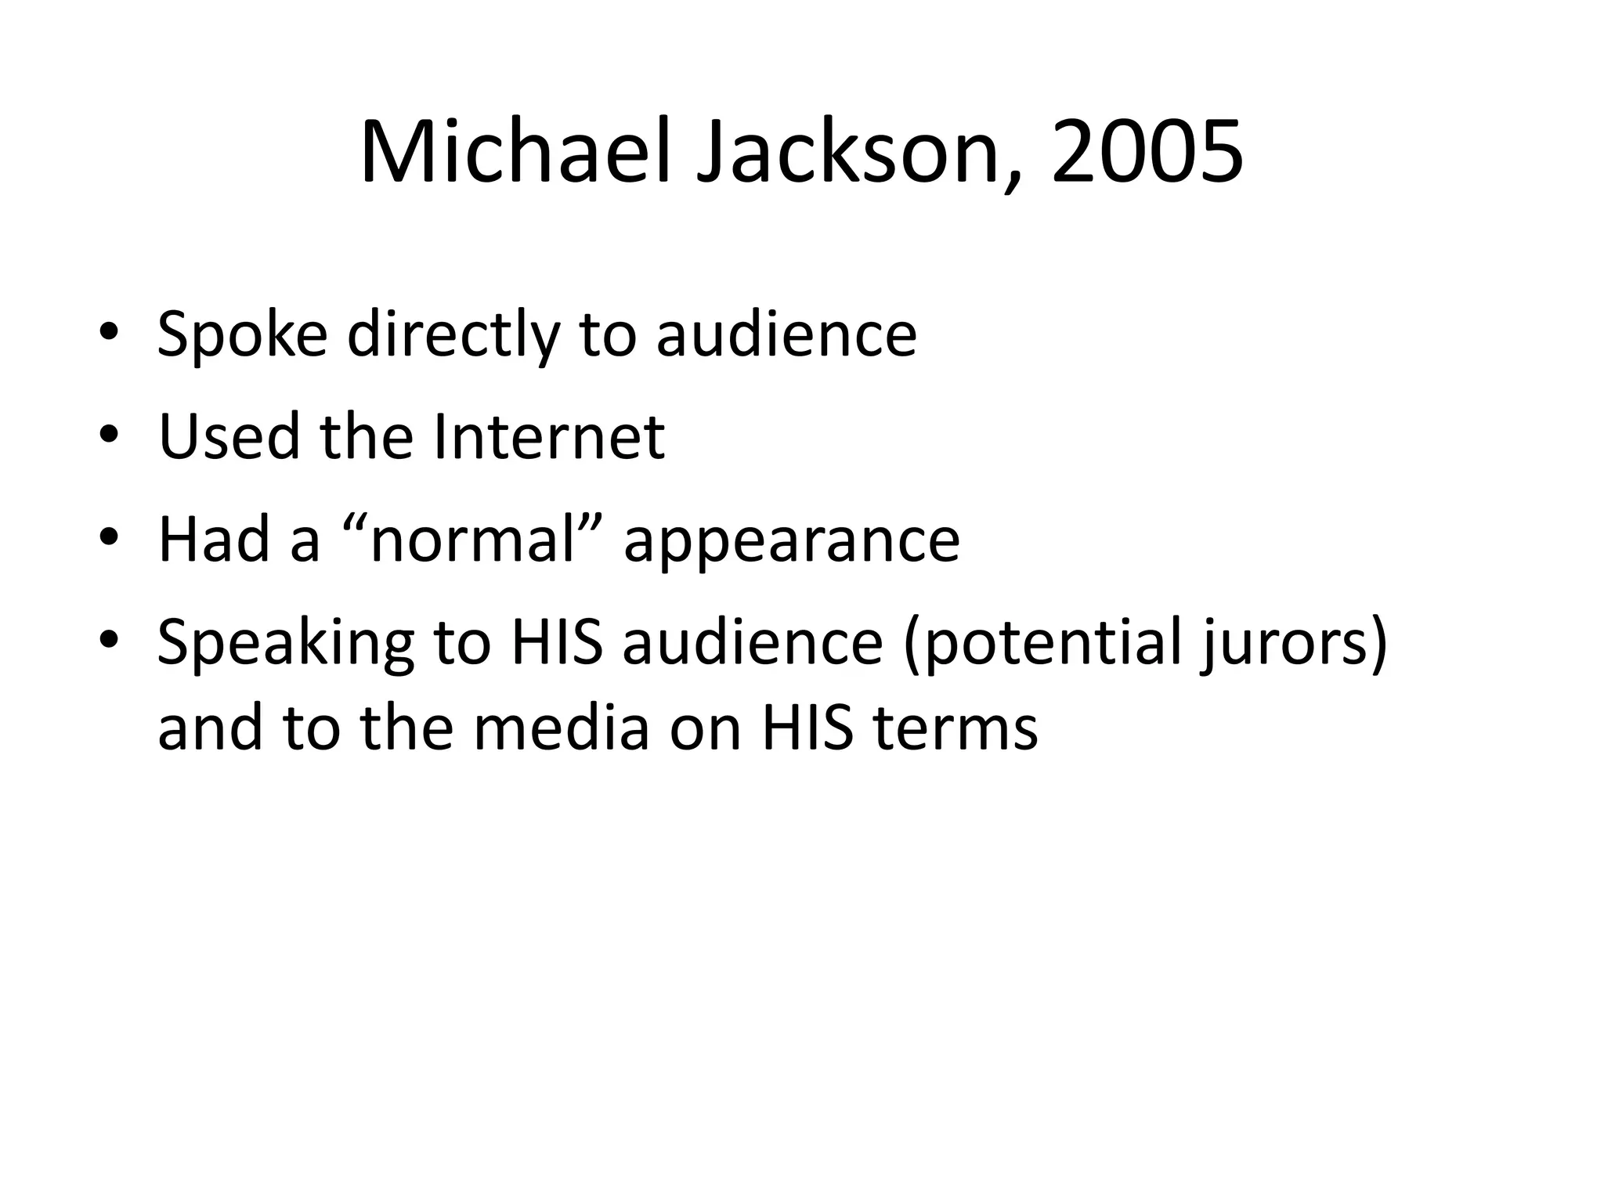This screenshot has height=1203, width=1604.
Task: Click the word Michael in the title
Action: pos(515,153)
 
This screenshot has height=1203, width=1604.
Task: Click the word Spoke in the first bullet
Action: pos(242,334)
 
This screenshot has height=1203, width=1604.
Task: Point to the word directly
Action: pos(453,334)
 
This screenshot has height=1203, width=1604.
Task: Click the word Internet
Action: pos(548,436)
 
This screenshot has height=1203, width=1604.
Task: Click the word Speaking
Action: pos(285,644)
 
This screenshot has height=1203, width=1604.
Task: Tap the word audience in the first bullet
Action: pos(786,334)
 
